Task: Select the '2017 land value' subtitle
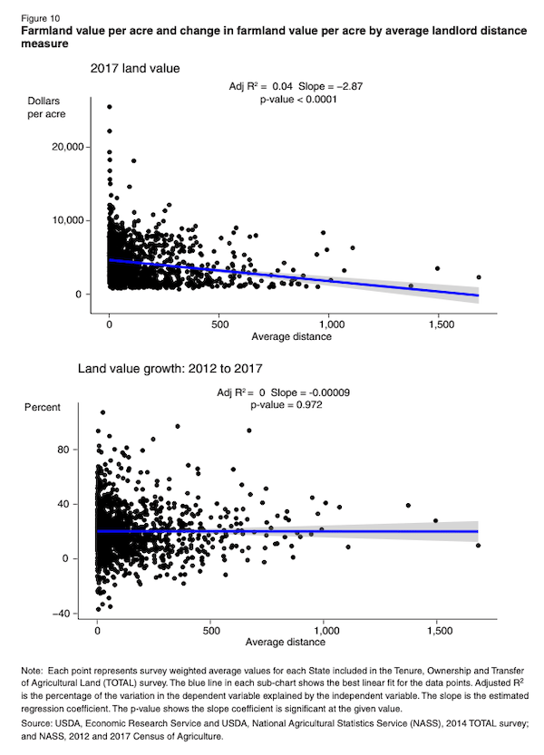point(134,68)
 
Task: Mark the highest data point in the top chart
point(110,107)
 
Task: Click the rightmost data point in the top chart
point(478,277)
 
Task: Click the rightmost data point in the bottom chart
point(478,545)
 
